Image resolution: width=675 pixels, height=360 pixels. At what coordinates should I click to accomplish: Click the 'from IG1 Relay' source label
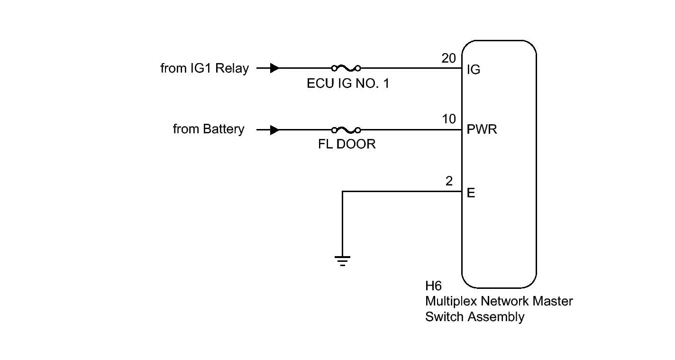point(204,68)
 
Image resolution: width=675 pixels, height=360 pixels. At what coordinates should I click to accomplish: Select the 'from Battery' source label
point(209,129)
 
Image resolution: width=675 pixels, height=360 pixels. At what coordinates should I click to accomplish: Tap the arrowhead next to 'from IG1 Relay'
point(274,68)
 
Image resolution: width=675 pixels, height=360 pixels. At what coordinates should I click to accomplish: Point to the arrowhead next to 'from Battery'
point(274,130)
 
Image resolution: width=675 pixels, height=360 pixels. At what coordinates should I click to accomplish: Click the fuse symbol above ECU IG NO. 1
point(347,68)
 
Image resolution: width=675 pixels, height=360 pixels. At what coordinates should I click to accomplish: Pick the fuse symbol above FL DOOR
point(347,129)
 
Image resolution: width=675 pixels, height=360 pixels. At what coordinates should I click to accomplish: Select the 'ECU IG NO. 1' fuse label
point(348,84)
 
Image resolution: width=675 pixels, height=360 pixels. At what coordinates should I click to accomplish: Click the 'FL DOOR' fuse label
point(347,145)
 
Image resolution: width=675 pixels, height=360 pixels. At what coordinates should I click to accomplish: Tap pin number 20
point(448,58)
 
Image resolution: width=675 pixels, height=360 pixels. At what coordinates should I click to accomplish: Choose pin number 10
point(449,120)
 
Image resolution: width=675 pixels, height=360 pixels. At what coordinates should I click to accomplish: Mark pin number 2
point(449,181)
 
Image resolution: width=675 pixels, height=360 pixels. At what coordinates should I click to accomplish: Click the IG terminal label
point(473,70)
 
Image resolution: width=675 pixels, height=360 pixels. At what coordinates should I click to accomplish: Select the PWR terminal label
point(482,129)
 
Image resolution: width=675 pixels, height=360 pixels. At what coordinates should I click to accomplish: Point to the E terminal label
point(471,193)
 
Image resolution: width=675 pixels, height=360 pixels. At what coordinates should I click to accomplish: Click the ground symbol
point(342,260)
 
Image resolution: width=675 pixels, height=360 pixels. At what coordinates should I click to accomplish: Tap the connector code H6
point(433,286)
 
